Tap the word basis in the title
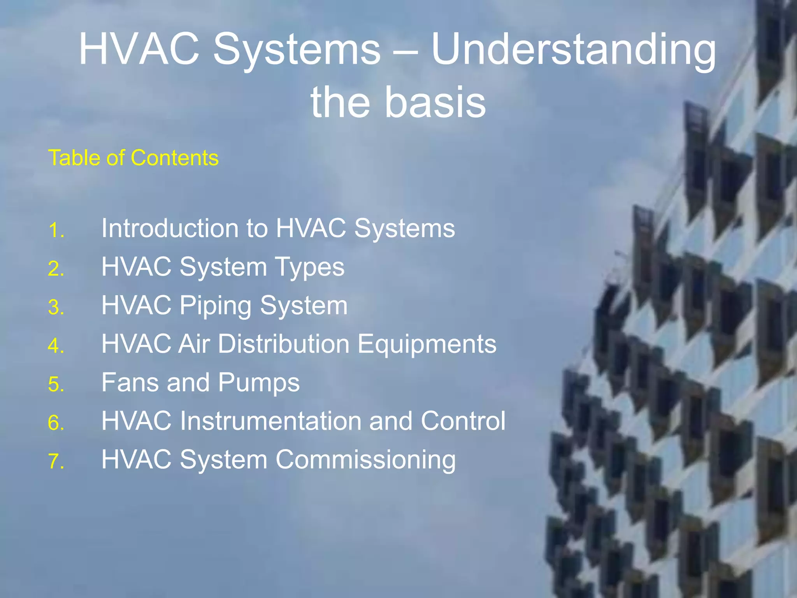click(435, 102)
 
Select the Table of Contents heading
click(133, 158)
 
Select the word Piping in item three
click(215, 306)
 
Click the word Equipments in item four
click(427, 344)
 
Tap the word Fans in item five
click(130, 382)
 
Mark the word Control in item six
click(463, 421)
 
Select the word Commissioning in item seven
click(365, 460)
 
